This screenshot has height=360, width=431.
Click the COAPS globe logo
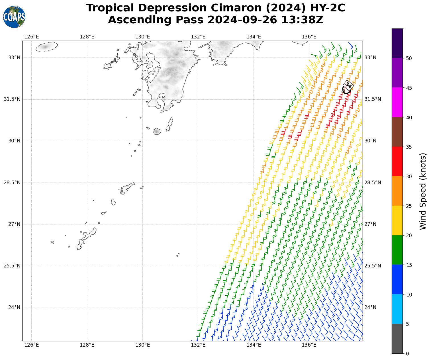tap(14, 17)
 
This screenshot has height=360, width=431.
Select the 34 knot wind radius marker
tap(348, 85)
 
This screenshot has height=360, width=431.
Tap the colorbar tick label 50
tap(409, 58)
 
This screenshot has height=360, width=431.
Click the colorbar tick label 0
tap(407, 354)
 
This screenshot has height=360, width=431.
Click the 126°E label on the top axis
tap(31, 37)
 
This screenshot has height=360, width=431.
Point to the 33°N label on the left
tap(14, 58)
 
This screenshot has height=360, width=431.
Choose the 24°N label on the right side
tap(370, 307)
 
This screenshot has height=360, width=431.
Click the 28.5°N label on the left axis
tap(12, 183)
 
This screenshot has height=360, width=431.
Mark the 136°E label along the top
tap(309, 37)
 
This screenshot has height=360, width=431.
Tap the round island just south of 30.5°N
tap(157, 131)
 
